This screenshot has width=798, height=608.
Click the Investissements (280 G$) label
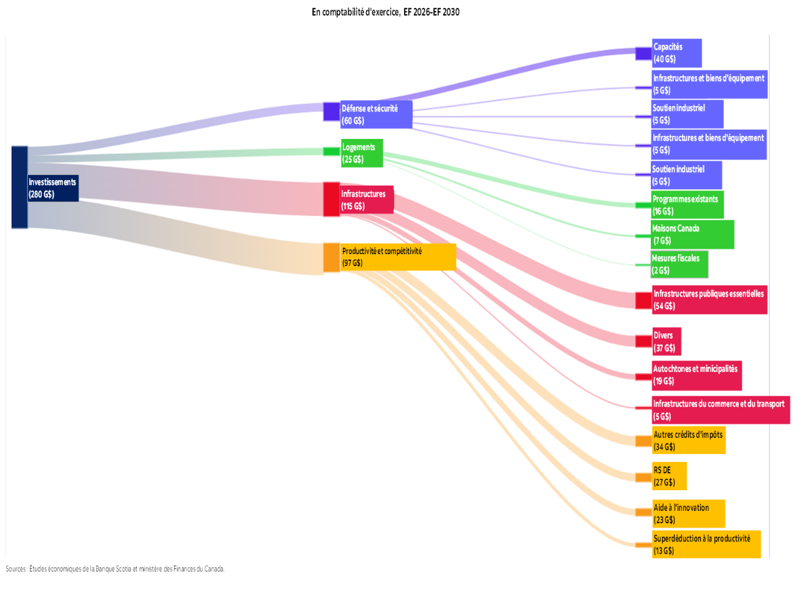click(53, 188)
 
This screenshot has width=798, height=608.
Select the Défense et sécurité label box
click(377, 115)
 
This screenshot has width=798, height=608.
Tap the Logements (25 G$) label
click(362, 153)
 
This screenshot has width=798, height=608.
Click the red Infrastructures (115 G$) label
click(367, 200)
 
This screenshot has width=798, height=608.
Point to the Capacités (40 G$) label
click(676, 53)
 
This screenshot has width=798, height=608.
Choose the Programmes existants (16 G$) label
click(688, 205)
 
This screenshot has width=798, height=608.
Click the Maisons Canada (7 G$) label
click(692, 234)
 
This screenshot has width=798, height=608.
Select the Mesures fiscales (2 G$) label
click(679, 264)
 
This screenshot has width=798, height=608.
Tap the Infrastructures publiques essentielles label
click(709, 300)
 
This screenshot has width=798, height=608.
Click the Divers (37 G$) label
click(666, 341)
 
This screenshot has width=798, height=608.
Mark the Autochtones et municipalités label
click(696, 375)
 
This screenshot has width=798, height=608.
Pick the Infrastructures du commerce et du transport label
click(721, 410)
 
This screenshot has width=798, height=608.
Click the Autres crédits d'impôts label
click(689, 440)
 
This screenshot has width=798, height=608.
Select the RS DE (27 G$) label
click(669, 476)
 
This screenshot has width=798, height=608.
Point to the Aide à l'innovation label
click(688, 513)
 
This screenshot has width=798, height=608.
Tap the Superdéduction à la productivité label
click(706, 544)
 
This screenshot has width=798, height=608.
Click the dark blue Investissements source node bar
click(19, 188)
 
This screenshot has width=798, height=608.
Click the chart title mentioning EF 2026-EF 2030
click(385, 12)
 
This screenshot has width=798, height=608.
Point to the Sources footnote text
click(115, 569)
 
